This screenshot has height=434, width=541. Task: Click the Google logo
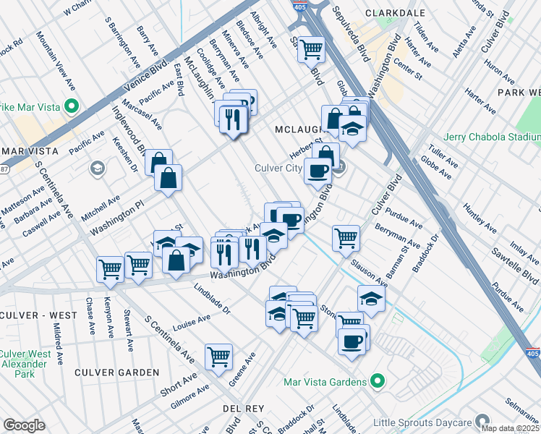coord(24,425)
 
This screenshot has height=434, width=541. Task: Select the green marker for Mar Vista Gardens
coord(376,380)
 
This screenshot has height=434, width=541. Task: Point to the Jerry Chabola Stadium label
coord(493,137)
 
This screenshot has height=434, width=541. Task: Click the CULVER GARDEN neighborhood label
coord(116,373)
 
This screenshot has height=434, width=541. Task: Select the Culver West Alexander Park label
coord(25,364)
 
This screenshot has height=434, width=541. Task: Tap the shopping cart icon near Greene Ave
coord(218,355)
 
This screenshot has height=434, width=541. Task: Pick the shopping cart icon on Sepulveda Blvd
coord(312,48)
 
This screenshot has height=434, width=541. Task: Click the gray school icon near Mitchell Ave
coord(96,169)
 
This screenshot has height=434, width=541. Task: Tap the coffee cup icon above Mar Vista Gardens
coord(353,341)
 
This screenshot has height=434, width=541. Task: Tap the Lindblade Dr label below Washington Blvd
coord(211,298)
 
